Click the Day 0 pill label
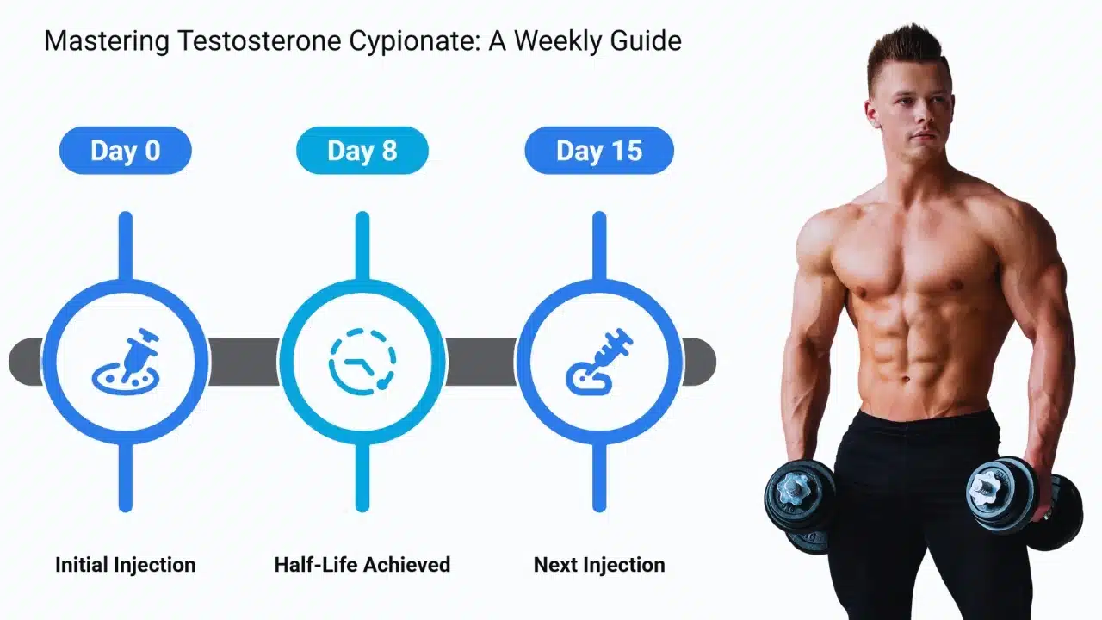(x=126, y=150)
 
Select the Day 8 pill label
(x=362, y=150)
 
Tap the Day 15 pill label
(x=599, y=150)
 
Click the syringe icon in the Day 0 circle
(x=126, y=362)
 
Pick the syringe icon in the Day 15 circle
(x=599, y=362)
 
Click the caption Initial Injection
(x=126, y=565)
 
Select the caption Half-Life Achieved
(x=362, y=565)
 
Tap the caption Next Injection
(x=599, y=565)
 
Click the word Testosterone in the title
(x=259, y=40)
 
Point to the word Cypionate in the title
(x=415, y=41)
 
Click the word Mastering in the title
(x=107, y=41)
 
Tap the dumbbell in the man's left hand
(x=1025, y=502)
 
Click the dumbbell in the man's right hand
(x=800, y=507)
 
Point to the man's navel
(x=906, y=379)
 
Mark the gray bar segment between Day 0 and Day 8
(x=244, y=362)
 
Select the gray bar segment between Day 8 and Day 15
(x=481, y=362)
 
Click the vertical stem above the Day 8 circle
(x=362, y=246)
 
